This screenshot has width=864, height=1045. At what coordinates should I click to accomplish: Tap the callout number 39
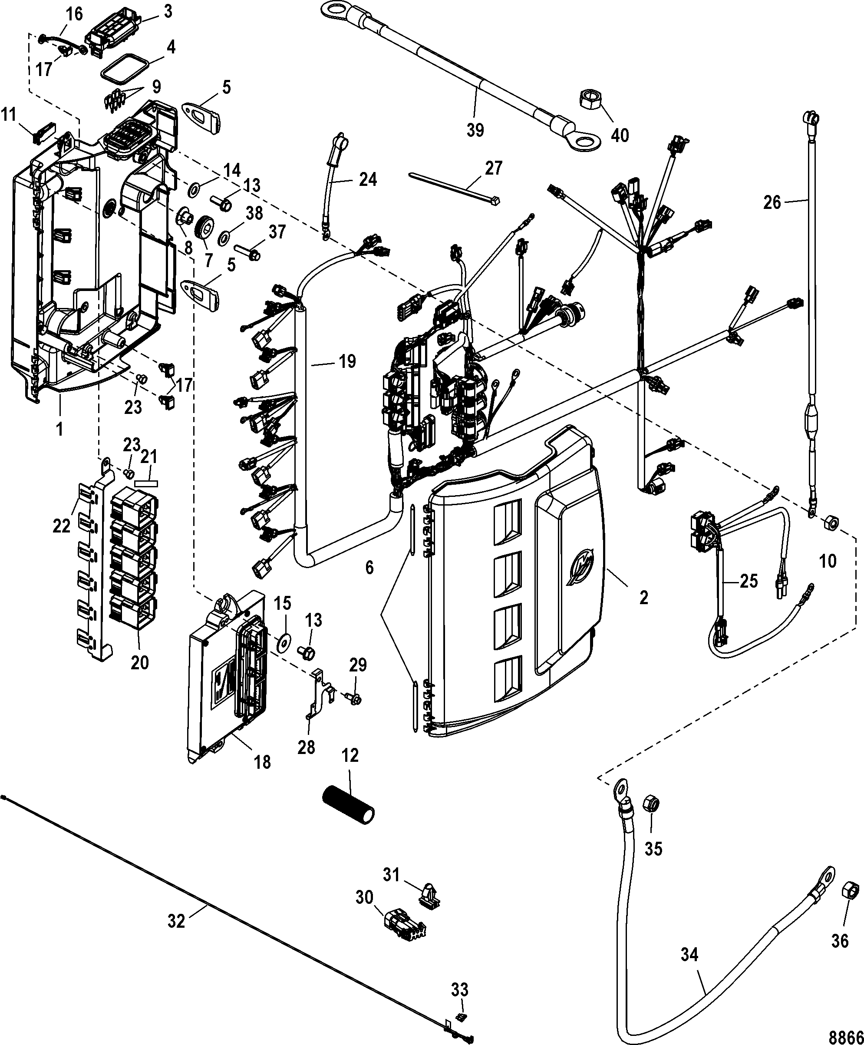475,130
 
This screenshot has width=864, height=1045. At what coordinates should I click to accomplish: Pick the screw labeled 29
355,699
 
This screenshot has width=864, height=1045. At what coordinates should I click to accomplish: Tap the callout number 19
347,361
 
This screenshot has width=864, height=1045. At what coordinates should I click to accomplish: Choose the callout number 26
772,202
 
